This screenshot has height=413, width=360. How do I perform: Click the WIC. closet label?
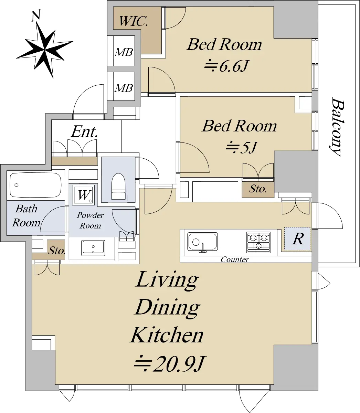coord(134,21)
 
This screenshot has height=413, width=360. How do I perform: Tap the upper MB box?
coord(124,51)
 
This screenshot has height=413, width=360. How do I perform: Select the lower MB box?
coord(124,86)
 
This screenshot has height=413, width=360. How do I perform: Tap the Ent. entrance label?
coord(84,132)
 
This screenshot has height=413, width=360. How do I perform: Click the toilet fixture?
coord(118,186)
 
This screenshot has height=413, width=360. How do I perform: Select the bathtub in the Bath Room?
coord(35,185)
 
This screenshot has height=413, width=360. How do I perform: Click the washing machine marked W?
coord(84,195)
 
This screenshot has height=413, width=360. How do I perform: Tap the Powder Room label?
coord(90,220)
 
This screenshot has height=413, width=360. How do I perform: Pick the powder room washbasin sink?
coord(93,248)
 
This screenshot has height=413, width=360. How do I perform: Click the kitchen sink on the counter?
coord(202,242)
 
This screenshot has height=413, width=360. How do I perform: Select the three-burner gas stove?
coord(258,242)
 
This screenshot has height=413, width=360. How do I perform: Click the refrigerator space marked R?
coord(297,239)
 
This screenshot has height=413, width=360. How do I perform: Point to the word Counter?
coord(235,260)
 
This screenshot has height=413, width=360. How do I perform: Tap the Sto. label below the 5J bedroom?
coord(258,189)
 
